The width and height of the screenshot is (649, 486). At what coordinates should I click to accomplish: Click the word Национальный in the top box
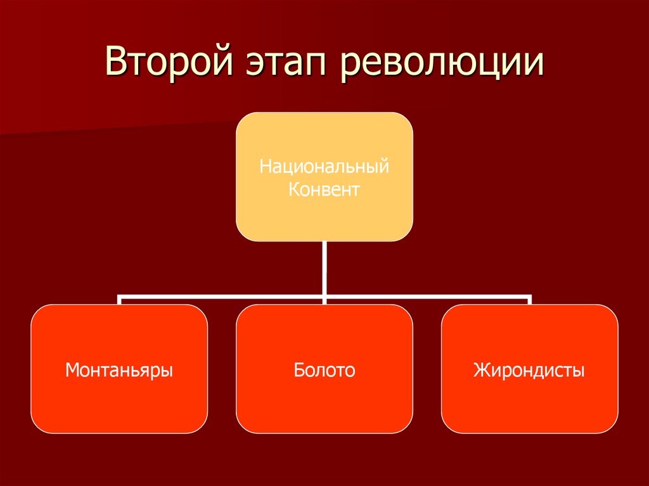(324, 169)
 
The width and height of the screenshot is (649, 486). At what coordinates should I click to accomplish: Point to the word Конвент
(324, 189)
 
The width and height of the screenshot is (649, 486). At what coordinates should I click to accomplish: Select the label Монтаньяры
(119, 369)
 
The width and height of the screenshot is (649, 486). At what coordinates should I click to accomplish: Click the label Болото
(324, 369)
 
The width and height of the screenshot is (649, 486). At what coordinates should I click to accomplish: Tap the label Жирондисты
(529, 369)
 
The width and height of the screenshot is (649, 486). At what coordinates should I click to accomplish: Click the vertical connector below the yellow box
(324, 266)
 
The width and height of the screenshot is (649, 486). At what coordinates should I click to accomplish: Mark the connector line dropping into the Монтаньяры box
(119, 300)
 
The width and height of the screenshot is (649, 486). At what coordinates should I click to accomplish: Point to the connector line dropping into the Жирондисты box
(530, 300)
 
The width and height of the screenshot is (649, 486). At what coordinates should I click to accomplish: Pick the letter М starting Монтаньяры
(72, 369)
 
